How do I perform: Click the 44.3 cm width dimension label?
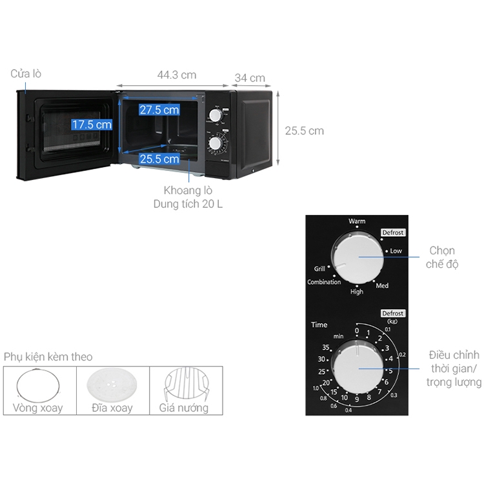point(176,75)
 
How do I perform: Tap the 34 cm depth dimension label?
point(249,78)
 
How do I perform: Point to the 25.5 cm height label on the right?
point(305,131)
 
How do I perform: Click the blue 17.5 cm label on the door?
point(92,125)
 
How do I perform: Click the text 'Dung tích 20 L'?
point(187,204)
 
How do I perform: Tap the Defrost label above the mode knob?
point(392,232)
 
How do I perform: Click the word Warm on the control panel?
point(357,222)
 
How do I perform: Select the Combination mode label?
point(324,283)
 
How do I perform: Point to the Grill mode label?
point(320,269)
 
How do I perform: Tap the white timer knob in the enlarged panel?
point(357,367)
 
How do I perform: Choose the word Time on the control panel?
point(319,325)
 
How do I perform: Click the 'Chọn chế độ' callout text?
point(442,257)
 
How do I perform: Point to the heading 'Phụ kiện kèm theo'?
point(48,357)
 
